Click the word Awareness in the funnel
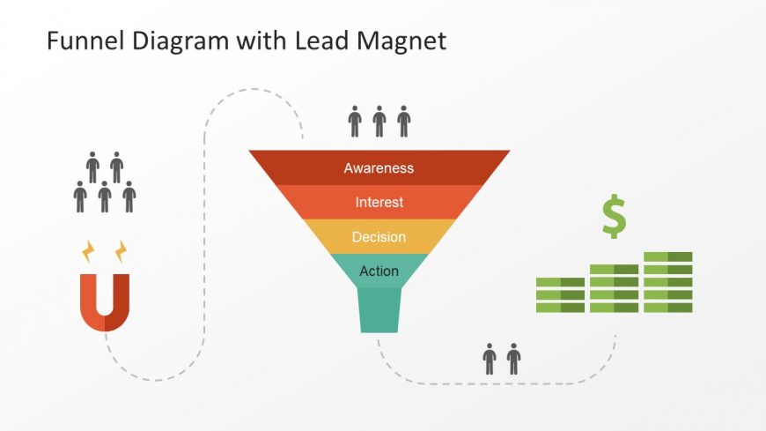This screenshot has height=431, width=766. [379, 167]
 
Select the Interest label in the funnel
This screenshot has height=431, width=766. [379, 202]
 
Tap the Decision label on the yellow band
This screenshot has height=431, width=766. [379, 237]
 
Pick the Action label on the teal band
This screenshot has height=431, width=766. [379, 271]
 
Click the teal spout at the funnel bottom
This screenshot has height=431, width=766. [379, 310]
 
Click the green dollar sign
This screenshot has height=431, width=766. [614, 216]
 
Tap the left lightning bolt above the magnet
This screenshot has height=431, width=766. [88, 251]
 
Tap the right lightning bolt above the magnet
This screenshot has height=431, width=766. [122, 251]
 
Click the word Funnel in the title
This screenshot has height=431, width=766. [85, 41]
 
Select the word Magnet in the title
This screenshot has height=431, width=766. [401, 41]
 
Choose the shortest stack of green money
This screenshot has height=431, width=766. [560, 295]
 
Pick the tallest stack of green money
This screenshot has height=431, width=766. [667, 282]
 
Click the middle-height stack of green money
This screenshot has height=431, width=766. [614, 288]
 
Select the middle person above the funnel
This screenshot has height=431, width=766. [379, 122]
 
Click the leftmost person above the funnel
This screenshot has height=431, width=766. [355, 122]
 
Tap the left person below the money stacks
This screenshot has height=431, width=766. [490, 359]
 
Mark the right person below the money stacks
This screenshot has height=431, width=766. [513, 359]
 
